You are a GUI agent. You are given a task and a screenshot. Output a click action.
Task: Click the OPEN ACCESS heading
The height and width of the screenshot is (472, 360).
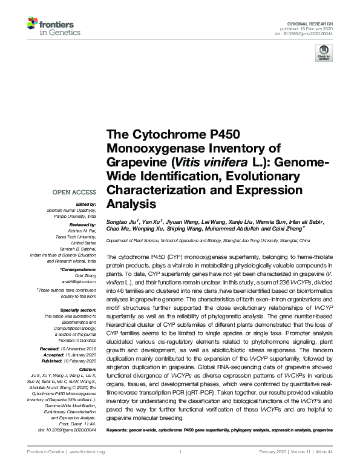[76, 192]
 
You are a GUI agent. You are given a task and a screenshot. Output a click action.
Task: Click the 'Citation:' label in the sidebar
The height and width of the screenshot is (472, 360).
[88, 368]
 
